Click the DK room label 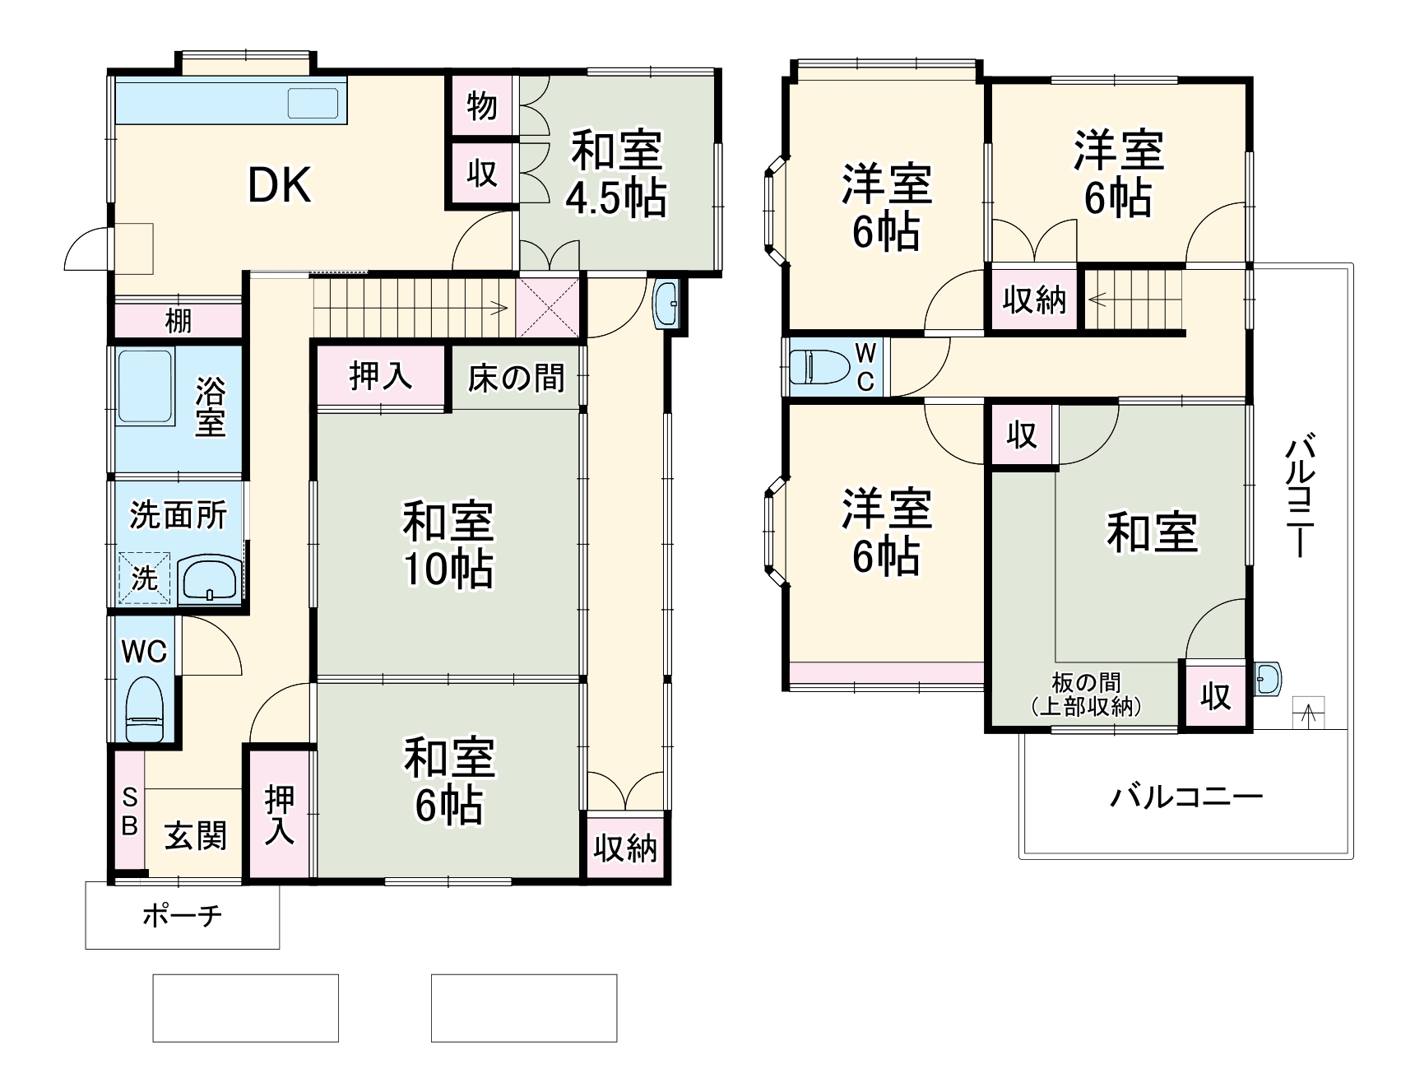pos(280,186)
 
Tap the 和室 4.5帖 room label pos(615,174)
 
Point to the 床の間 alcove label pos(516,378)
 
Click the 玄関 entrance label pos(195,836)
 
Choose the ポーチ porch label pos(182,915)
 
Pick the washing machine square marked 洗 pos(144,578)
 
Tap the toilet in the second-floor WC pos(820,366)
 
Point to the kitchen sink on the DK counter pos(313,103)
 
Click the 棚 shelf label pos(179,320)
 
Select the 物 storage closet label pos(482,105)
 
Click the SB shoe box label pos(129,811)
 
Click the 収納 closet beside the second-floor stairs pos(1034,300)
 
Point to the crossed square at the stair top pos(548,306)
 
